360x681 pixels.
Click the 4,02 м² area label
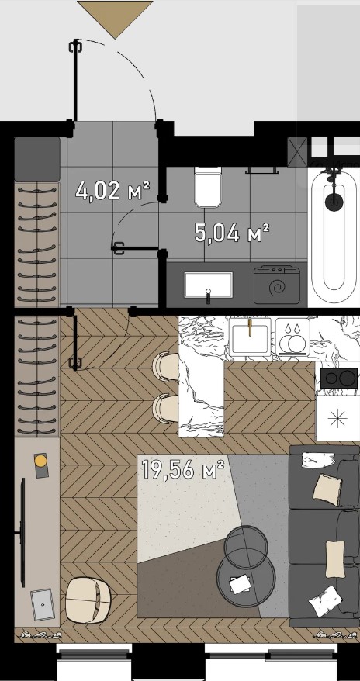pos(112,191)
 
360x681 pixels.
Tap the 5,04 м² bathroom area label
pos(232,233)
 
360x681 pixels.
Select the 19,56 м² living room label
pos(183,469)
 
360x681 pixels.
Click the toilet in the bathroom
pos(208,187)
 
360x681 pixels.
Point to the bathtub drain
pos(334,201)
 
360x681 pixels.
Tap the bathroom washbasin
pos(209,285)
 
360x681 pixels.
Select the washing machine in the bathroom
pos(277,285)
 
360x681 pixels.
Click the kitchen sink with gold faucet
pos(250,337)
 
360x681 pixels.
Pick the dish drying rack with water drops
pos(292,337)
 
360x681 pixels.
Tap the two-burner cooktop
pos(339,378)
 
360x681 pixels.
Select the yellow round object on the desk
pos(41,461)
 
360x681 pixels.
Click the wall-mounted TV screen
pos(22,532)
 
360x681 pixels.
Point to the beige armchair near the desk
pos(88,600)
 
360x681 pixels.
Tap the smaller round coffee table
pos(246,546)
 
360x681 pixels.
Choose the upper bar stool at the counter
pos(165,367)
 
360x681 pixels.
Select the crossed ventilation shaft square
pos(297,151)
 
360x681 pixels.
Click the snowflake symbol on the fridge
pos(337,418)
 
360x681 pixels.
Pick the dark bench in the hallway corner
pos(37,159)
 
